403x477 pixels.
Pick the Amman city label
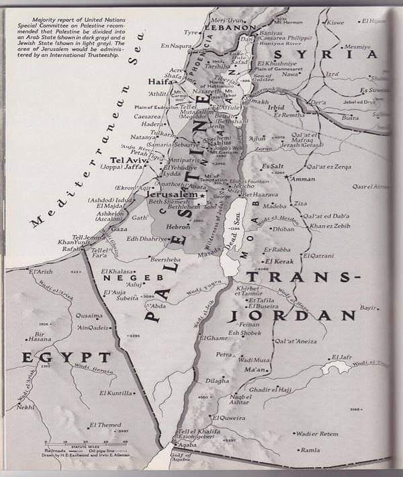tap(304, 179)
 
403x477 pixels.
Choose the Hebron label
tap(178, 227)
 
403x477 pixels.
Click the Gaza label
tap(118, 229)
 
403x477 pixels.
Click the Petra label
tap(224, 354)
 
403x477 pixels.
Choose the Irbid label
tap(276, 107)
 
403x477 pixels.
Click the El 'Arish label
tap(40, 271)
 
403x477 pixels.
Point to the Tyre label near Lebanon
tap(191, 32)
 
